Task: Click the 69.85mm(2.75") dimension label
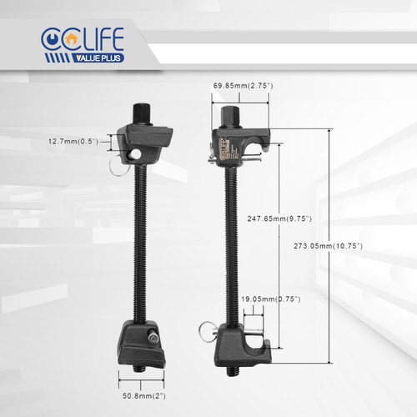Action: (243, 86)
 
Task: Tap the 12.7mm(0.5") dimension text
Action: (73, 142)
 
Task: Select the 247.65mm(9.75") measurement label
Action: (279, 219)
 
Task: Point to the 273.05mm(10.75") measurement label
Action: (328, 246)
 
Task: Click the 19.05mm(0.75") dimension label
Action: (271, 299)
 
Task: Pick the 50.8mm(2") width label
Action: (144, 396)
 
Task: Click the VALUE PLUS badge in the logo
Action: (98, 58)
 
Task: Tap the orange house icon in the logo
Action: (73, 38)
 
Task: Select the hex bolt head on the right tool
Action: (230, 117)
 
